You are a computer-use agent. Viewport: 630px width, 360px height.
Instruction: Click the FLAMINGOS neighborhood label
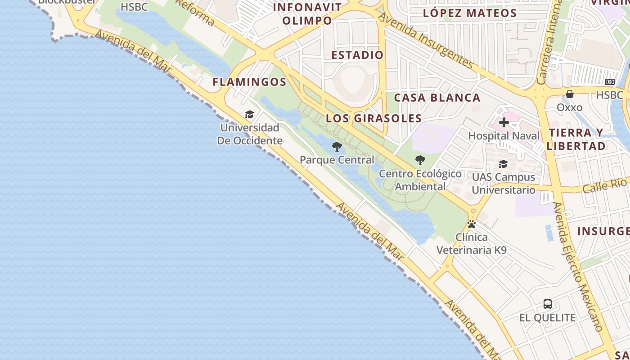(x=249, y=82)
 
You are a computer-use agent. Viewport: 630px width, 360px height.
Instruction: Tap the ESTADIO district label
(x=357, y=55)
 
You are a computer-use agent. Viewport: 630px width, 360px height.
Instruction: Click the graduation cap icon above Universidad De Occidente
(x=249, y=114)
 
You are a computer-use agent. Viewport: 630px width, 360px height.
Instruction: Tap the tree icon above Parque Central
(x=337, y=147)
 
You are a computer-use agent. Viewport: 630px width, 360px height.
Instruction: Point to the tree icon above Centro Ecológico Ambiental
(x=420, y=160)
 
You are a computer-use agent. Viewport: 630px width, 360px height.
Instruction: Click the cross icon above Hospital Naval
(x=504, y=122)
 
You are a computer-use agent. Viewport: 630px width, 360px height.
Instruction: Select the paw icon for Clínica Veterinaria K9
(x=472, y=224)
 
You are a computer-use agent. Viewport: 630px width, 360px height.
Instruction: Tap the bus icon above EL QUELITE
(x=548, y=304)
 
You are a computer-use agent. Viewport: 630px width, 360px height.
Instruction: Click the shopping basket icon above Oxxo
(x=570, y=94)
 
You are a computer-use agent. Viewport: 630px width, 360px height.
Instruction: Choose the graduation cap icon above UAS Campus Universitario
(x=503, y=164)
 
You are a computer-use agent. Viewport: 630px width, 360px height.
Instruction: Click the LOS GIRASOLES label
(x=373, y=118)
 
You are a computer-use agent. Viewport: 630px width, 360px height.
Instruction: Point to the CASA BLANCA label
(x=437, y=98)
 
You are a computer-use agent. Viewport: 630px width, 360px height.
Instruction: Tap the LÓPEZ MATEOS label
(x=470, y=13)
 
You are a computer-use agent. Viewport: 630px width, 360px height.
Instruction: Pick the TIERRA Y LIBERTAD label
(x=576, y=139)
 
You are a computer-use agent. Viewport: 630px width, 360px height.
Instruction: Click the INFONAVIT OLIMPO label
(x=307, y=14)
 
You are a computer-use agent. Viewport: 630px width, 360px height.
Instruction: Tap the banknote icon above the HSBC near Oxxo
(x=610, y=82)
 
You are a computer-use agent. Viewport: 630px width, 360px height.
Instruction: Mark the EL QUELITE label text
(x=548, y=318)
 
